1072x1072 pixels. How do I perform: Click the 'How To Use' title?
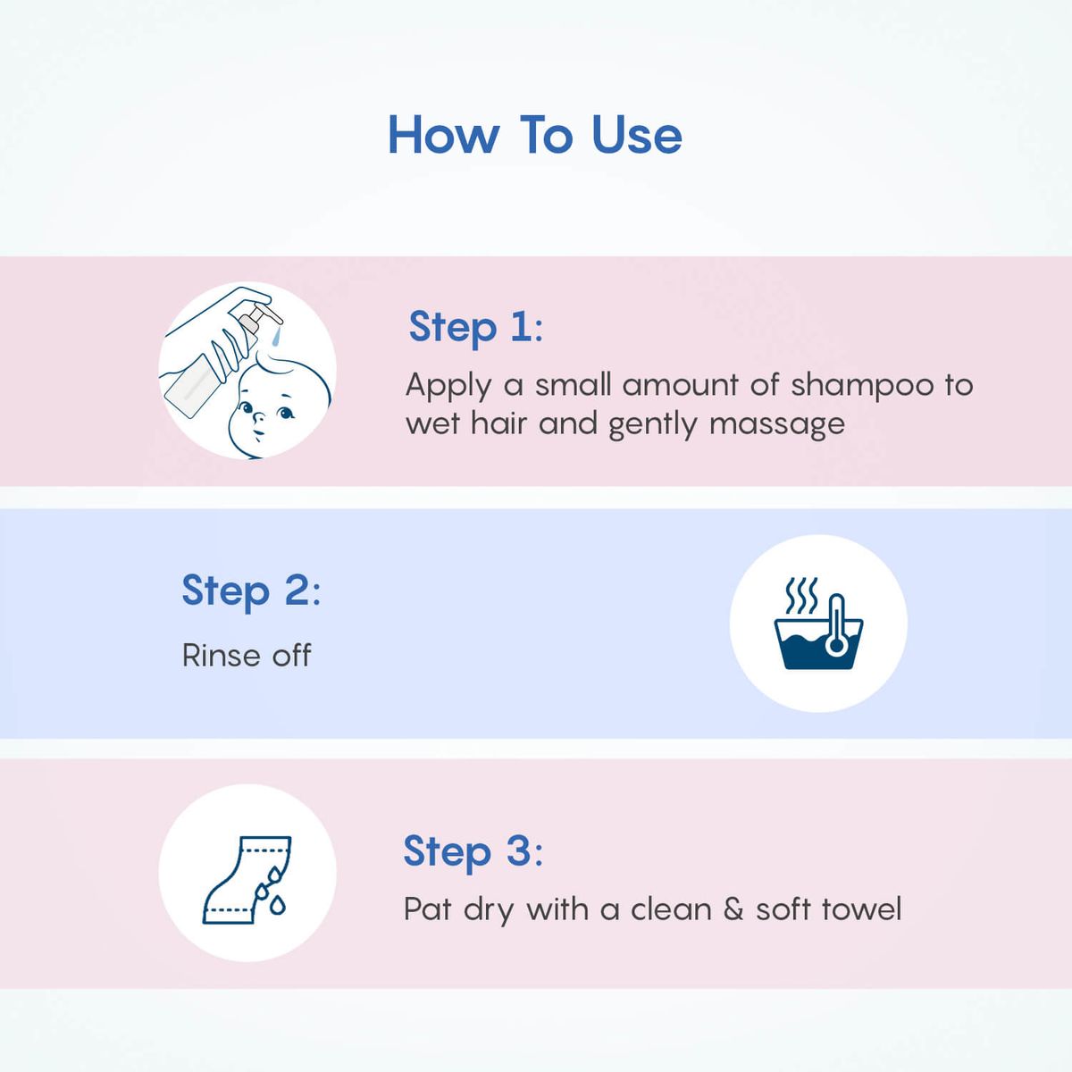tap(534, 135)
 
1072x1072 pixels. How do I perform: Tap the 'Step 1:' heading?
tap(475, 327)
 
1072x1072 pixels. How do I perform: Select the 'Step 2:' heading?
tap(251, 590)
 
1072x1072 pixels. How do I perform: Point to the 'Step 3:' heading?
tap(473, 851)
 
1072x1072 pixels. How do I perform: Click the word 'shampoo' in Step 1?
tap(862, 386)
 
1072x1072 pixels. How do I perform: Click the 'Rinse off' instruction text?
tap(247, 656)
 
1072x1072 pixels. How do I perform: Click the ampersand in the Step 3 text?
tap(733, 909)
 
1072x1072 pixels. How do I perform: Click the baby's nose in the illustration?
tap(259, 417)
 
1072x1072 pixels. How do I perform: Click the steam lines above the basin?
tap(801, 596)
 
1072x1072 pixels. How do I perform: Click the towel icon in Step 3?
tap(245, 880)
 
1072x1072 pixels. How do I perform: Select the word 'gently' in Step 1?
tap(652, 425)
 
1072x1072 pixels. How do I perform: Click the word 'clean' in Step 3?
tap(671, 909)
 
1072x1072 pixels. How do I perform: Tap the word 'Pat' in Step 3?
tap(427, 909)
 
